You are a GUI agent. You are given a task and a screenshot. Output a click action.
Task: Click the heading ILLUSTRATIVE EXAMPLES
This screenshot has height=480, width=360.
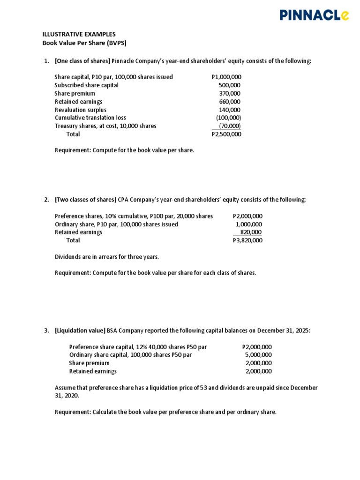(x=79, y=34)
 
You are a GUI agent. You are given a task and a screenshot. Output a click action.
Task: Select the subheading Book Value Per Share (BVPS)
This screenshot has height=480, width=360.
(x=84, y=43)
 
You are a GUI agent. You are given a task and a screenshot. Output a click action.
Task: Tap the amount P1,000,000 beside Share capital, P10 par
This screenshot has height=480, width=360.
(x=226, y=77)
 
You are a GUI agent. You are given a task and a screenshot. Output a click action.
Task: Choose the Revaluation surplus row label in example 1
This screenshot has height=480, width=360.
(x=81, y=110)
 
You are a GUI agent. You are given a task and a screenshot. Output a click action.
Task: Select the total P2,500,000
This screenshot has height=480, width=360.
(x=226, y=134)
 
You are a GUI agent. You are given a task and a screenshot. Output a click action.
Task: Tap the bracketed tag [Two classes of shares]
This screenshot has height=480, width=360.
(x=85, y=200)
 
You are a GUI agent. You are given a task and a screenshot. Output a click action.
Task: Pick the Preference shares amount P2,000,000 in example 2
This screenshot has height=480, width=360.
(x=247, y=216)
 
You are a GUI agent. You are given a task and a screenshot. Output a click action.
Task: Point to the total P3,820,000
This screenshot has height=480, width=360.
(x=247, y=240)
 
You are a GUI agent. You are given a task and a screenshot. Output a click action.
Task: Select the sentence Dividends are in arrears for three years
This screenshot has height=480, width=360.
(x=107, y=257)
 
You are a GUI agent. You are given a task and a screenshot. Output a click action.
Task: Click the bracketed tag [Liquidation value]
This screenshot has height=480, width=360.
(x=80, y=330)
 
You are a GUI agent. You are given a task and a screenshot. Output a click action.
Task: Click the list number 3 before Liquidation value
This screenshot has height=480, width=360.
(x=46, y=330)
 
